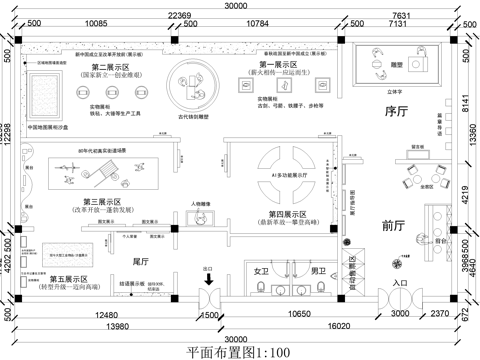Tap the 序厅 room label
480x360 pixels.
coord(397,113)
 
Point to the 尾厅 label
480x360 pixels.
coord(140,261)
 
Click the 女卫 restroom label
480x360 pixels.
coord(262,271)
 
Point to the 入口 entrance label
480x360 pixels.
coord(401,284)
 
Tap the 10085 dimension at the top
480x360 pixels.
coord(96,21)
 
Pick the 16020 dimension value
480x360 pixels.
coord(347,326)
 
